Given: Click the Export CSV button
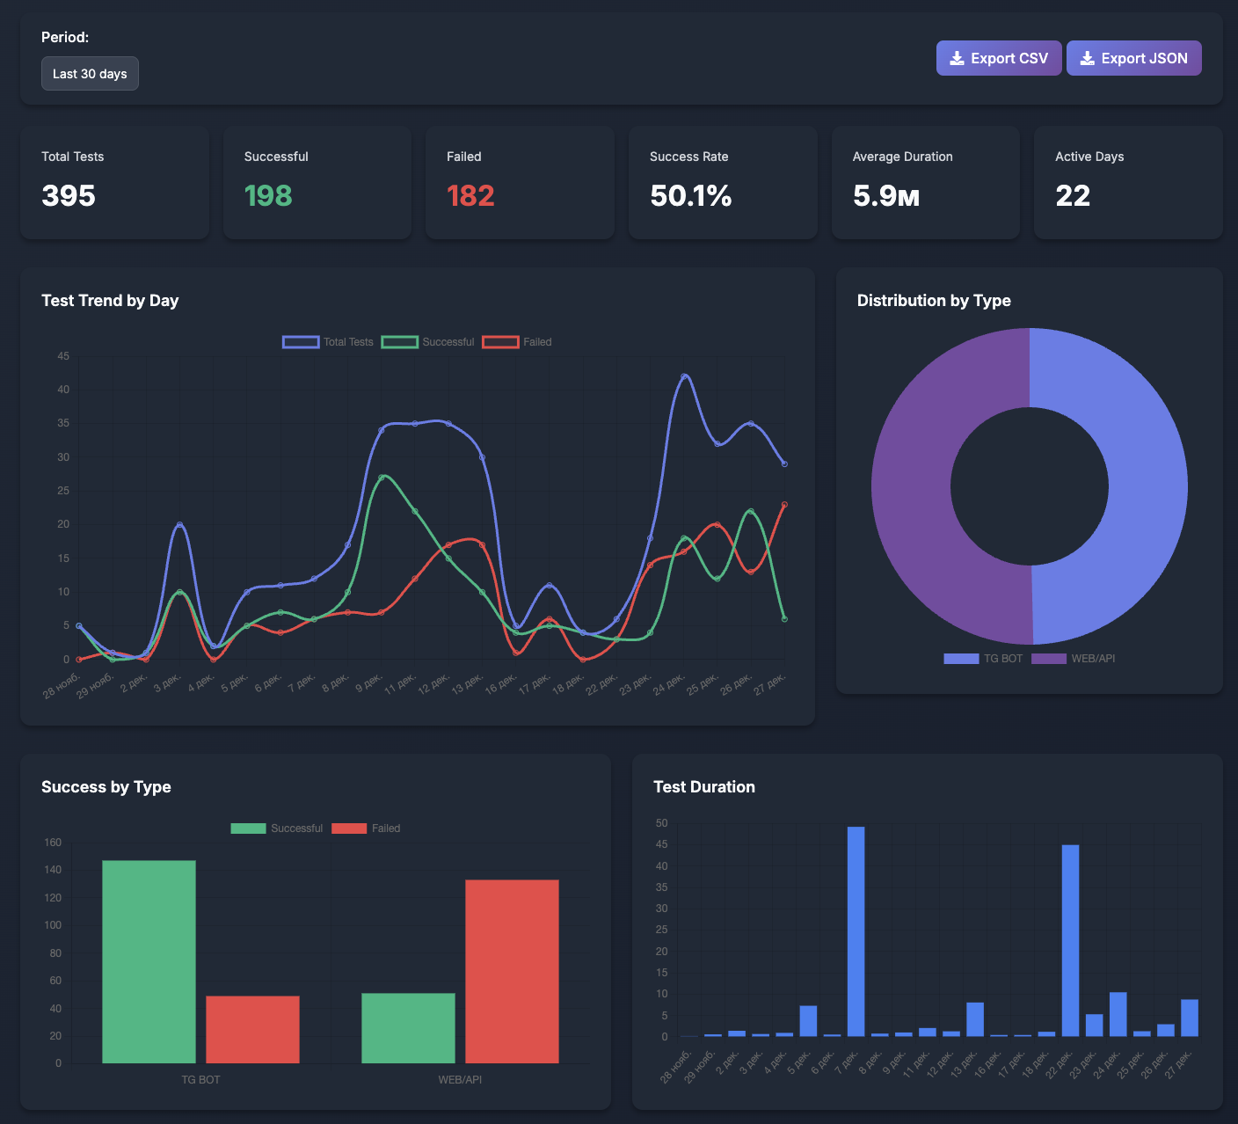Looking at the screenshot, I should (998, 58).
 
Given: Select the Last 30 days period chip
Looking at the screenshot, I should (90, 74).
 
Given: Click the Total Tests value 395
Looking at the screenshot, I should (69, 195).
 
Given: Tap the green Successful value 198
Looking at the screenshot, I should (268, 195).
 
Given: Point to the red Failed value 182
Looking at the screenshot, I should (470, 195).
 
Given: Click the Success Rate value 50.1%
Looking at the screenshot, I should (690, 195).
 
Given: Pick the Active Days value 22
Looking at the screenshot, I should (1073, 195).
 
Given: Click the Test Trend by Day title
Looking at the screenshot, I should (110, 301).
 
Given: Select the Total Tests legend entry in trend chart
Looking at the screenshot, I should (328, 342).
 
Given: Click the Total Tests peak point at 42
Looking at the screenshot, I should (685, 376).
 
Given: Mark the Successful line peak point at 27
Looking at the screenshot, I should (382, 478).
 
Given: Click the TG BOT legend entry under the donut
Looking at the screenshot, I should (983, 659).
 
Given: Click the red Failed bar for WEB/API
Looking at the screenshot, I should (512, 971).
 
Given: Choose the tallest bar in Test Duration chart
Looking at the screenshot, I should (856, 931).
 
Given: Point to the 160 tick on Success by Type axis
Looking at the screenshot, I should (53, 843).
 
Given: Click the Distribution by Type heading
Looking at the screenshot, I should (934, 301).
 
